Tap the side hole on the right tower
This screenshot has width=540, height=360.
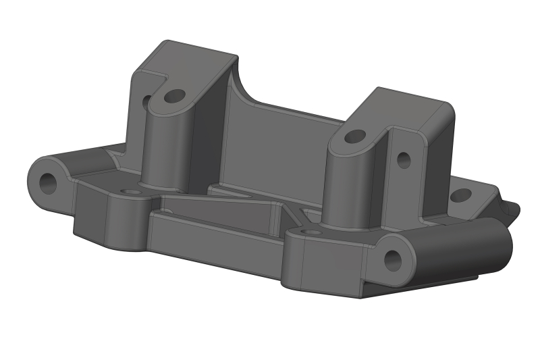pyautogui.click(x=404, y=160)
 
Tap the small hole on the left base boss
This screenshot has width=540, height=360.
pyautogui.click(x=130, y=192)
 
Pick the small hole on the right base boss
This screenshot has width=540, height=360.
pyautogui.click(x=311, y=232)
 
